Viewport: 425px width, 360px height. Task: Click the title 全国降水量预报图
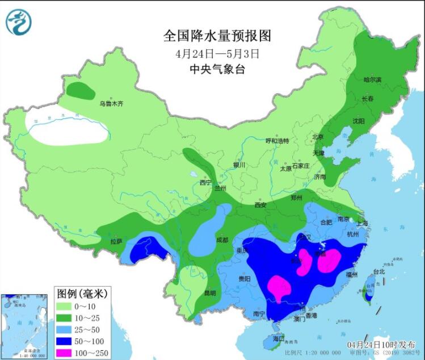(217, 36)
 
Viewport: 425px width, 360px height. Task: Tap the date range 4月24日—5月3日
(217, 54)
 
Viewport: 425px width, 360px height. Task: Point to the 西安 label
(260, 204)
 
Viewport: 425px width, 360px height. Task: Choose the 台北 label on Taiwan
(378, 271)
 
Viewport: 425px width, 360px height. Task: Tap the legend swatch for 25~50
(66, 329)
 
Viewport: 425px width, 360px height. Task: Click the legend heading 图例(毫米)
(81, 293)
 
